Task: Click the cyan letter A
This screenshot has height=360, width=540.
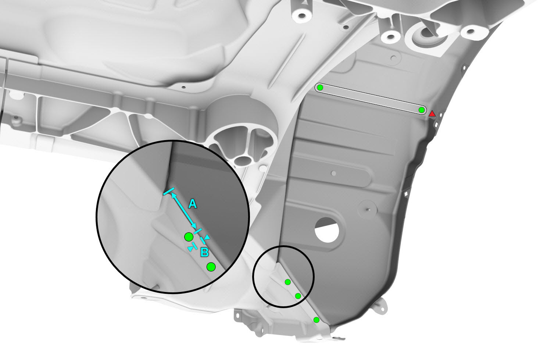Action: pos(193,204)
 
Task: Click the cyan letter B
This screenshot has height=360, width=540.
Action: pos(205,253)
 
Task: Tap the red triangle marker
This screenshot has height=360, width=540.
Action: pos(432,113)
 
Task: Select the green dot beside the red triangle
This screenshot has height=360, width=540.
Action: pos(421,110)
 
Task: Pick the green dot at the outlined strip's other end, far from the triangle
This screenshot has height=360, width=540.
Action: pos(320,88)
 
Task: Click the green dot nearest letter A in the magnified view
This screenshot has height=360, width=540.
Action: pos(189,237)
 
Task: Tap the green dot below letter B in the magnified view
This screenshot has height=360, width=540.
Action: pos(211,267)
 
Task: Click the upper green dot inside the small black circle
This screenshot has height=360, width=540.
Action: pos(287,282)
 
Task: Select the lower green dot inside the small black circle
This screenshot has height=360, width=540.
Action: pos(298,296)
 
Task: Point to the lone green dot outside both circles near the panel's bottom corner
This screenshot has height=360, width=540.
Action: pos(317,320)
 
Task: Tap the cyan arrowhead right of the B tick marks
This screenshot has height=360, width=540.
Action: pos(207,238)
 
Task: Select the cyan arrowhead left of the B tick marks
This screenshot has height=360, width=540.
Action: pos(191,249)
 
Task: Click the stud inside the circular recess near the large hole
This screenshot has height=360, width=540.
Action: pos(367,210)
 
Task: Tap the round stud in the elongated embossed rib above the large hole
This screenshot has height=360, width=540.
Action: pos(334,173)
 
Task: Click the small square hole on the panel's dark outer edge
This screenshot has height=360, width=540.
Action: pos(406,193)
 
